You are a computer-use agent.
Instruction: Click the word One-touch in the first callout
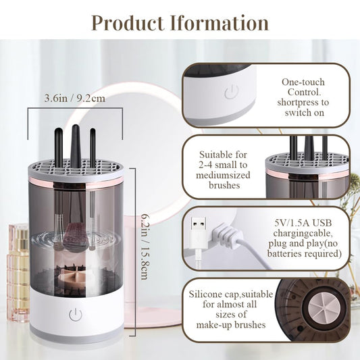[303, 82]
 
